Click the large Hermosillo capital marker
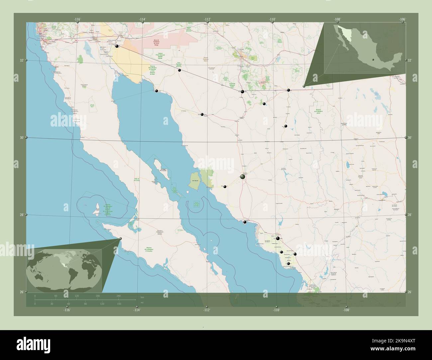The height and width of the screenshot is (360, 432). click(243, 177)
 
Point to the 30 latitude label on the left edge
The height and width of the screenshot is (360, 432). click(21, 137)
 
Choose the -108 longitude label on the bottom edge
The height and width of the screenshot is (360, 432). click(347, 310)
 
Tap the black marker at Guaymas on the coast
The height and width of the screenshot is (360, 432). click(245, 222)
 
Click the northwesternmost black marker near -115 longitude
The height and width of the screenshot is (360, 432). click(117, 46)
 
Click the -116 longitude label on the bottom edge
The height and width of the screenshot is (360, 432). click(67, 310)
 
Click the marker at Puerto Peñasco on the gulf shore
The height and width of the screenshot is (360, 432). click(157, 91)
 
